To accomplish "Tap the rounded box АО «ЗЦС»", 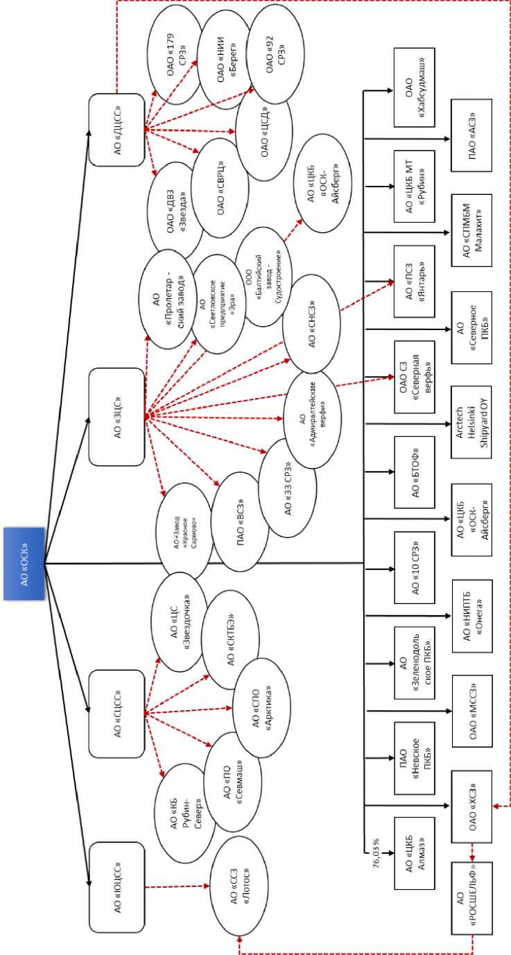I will point(116,417).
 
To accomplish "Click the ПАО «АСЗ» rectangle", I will point(474,135).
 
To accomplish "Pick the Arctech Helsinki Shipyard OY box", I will point(473,422).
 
